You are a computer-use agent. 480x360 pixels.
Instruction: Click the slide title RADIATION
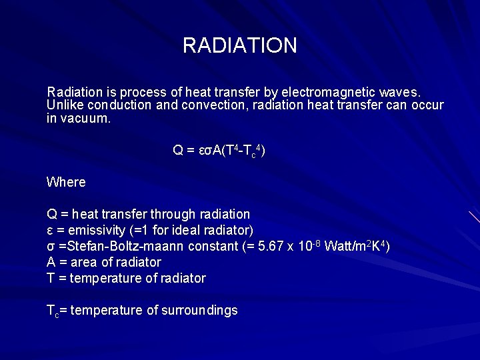tap(239, 46)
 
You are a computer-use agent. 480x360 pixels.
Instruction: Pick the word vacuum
tap(85, 119)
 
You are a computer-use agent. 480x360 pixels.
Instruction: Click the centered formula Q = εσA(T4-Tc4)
tap(219, 151)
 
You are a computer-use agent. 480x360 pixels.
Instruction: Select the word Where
tap(66, 182)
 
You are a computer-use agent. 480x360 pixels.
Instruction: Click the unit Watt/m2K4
tap(356, 247)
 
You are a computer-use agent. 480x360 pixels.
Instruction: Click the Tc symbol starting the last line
tap(52, 311)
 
